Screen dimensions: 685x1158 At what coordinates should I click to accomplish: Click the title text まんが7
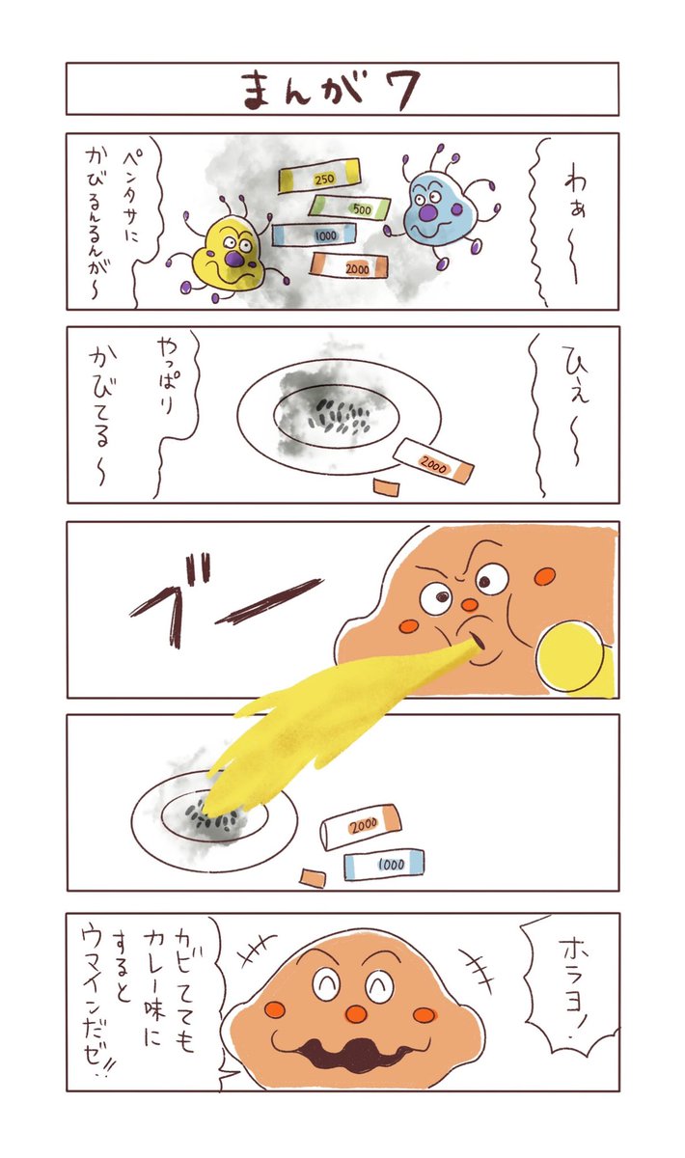tap(331, 89)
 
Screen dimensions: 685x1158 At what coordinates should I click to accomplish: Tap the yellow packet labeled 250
tap(319, 177)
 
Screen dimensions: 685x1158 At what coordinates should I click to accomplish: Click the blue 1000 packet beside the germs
tap(315, 234)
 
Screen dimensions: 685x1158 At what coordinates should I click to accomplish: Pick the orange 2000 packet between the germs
tap(349, 265)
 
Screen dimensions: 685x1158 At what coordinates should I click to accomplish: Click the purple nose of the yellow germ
tap(235, 259)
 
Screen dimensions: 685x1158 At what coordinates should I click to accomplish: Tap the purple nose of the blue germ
tap(428, 212)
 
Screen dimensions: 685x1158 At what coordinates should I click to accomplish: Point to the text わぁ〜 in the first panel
tap(575, 228)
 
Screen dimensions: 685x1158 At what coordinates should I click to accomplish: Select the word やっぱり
tap(165, 375)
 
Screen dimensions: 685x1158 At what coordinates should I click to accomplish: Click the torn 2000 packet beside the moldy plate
tap(433, 461)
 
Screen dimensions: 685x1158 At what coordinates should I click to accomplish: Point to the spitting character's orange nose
tap(469, 604)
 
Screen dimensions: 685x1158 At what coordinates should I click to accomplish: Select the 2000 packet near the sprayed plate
tap(360, 827)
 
